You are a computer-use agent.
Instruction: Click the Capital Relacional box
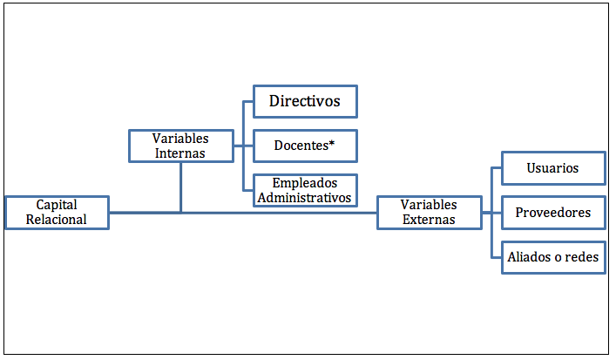click(x=57, y=213)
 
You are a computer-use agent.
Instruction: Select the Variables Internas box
click(x=181, y=146)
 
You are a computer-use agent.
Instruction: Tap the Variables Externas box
click(x=430, y=213)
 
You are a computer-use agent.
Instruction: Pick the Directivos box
click(x=305, y=101)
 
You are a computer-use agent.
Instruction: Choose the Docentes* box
click(x=305, y=146)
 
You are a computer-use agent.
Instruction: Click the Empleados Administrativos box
click(x=305, y=190)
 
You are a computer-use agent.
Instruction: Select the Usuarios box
click(x=553, y=168)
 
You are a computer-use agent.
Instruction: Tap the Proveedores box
click(x=553, y=213)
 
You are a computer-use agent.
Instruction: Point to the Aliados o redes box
click(x=553, y=257)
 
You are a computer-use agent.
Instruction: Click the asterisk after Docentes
click(x=332, y=143)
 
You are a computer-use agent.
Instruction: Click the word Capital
click(x=57, y=205)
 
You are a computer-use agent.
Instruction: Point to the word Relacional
click(x=57, y=220)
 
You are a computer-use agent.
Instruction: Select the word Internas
click(x=180, y=153)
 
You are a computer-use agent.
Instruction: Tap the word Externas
click(x=429, y=220)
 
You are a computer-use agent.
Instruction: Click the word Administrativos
click(x=304, y=198)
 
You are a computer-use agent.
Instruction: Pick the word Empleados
click(x=305, y=183)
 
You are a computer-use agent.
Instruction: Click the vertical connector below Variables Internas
click(x=180, y=187)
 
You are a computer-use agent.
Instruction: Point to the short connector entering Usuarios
click(x=496, y=168)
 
